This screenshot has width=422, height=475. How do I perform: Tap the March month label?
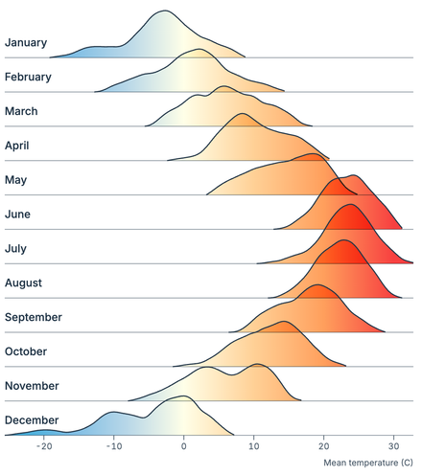[22, 111]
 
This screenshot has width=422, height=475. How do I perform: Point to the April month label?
[18, 146]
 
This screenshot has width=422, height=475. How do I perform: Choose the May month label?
[16, 180]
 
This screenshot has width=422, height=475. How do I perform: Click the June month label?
[18, 214]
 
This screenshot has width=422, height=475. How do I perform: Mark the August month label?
[24, 283]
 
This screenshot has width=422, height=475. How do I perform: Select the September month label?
[34, 317]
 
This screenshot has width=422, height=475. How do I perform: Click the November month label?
[32, 386]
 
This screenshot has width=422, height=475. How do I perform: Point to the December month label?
[32, 420]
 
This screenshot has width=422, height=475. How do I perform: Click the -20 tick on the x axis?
[43, 447]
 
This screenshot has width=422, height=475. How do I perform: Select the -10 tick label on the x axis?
[113, 447]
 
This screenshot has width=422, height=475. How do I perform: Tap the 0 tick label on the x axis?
[184, 447]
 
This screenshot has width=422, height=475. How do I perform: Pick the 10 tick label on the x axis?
[253, 447]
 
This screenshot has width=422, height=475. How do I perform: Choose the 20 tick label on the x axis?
[323, 447]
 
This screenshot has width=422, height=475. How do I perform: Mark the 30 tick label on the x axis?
[393, 447]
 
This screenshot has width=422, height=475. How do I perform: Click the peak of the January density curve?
[164, 11]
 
